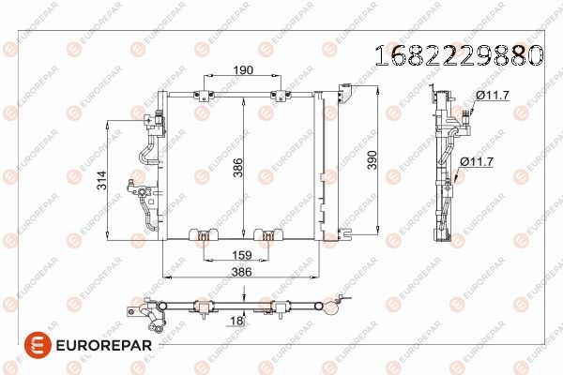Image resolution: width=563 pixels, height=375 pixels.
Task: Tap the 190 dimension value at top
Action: click(x=242, y=70)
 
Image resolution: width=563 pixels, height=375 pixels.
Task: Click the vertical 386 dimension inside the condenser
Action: click(x=237, y=168)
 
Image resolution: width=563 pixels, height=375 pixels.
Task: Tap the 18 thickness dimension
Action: click(x=237, y=322)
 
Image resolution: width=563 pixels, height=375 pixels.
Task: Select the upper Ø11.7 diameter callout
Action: click(x=491, y=96)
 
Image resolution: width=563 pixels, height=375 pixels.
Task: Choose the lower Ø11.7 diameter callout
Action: click(x=478, y=162)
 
